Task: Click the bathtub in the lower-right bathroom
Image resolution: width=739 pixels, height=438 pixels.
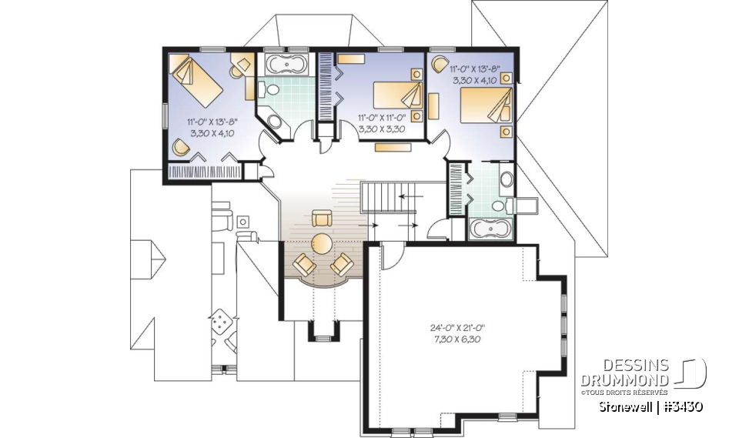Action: (490, 229)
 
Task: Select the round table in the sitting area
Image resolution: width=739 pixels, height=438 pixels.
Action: (322, 244)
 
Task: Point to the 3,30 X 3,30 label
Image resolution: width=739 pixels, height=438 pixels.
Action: (382, 129)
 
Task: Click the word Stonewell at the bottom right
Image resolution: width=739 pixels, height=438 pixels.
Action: (625, 406)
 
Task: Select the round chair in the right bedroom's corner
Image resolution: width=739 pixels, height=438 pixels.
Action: (440, 65)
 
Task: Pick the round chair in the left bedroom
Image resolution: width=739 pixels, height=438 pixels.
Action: (182, 147)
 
